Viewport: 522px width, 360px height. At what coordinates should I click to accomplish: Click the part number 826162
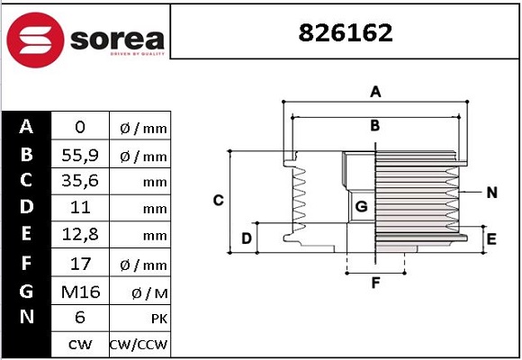click(x=346, y=33)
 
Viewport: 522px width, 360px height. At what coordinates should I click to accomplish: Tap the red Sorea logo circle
click(x=35, y=40)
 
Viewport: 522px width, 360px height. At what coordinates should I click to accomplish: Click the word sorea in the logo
click(x=115, y=40)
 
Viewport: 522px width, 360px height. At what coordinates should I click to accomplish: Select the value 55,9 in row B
click(x=79, y=155)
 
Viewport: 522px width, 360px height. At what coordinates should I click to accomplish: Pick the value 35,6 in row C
click(x=79, y=182)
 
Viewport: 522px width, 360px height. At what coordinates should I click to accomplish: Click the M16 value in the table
click(x=79, y=291)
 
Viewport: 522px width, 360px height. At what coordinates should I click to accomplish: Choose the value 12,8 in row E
click(x=79, y=237)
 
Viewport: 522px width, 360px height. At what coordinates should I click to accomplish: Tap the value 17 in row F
click(x=79, y=264)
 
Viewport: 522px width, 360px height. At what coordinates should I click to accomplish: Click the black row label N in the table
click(x=26, y=317)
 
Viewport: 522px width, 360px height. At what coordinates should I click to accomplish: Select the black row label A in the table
click(x=26, y=127)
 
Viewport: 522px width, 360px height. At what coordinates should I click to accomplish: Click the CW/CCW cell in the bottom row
click(x=139, y=345)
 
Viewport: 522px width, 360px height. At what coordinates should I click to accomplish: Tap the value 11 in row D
click(x=79, y=209)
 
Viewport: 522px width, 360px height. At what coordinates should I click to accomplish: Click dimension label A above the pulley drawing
click(x=376, y=91)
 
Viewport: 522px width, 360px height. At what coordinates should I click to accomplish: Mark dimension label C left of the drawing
click(x=218, y=200)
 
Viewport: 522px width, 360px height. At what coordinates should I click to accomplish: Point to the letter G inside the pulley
click(x=361, y=207)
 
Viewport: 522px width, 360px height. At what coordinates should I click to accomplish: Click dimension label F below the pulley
click(x=375, y=283)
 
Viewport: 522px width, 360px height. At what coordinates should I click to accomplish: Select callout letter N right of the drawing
click(x=491, y=193)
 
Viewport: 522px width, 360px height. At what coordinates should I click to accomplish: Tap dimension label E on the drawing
click(x=490, y=238)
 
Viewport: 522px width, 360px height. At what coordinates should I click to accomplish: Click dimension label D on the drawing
click(x=246, y=238)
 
